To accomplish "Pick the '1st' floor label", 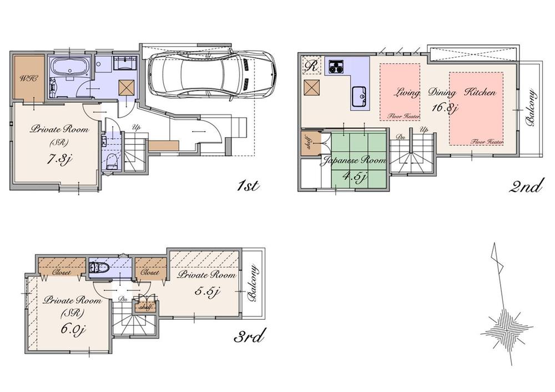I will click(x=247, y=186).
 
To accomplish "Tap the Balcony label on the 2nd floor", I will click(x=532, y=108).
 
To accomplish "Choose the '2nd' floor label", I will click(x=525, y=186).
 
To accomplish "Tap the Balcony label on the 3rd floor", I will click(x=253, y=284).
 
